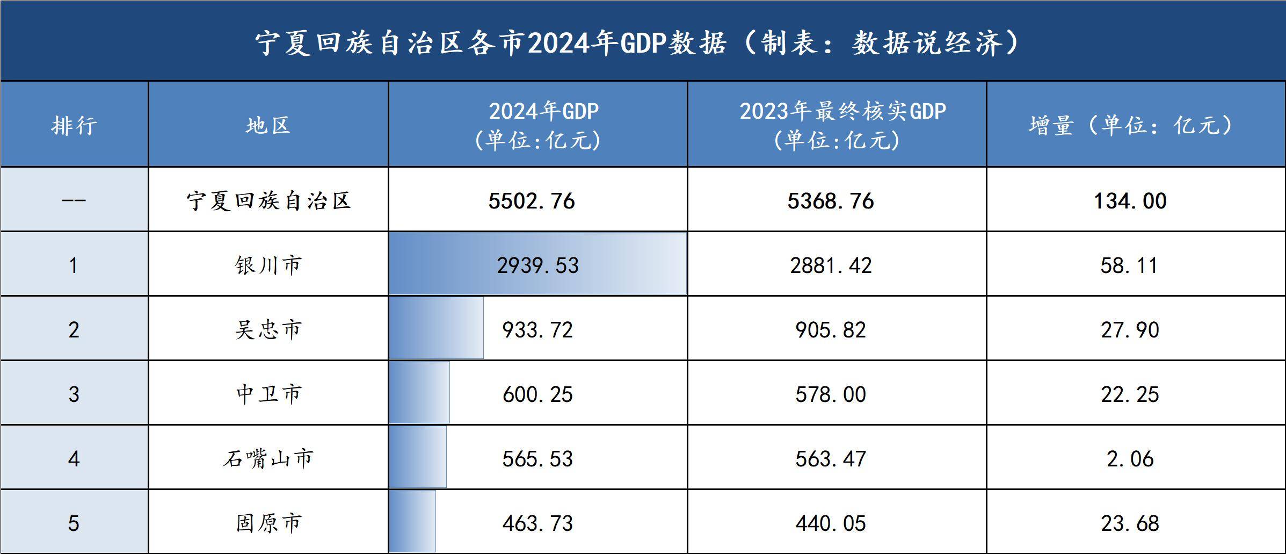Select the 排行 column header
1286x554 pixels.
[74, 126]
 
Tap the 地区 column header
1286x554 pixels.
[268, 126]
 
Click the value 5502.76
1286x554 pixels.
[532, 201]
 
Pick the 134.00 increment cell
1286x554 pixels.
[1130, 201]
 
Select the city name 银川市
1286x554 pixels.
[268, 265]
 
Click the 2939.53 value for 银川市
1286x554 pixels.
[537, 265]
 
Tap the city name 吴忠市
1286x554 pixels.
[268, 330]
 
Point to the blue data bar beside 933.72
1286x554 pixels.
[436, 328]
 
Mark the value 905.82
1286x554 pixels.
[831, 330]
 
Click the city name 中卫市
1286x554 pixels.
[268, 394]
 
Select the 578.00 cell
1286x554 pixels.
[831, 394]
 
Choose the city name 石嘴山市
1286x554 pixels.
[268, 459]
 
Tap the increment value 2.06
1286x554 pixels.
[1130, 459]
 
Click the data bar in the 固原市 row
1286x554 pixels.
[412, 521]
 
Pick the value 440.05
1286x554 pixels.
[831, 523]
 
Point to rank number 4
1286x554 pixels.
[74, 459]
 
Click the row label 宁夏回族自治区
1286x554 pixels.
[268, 201]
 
